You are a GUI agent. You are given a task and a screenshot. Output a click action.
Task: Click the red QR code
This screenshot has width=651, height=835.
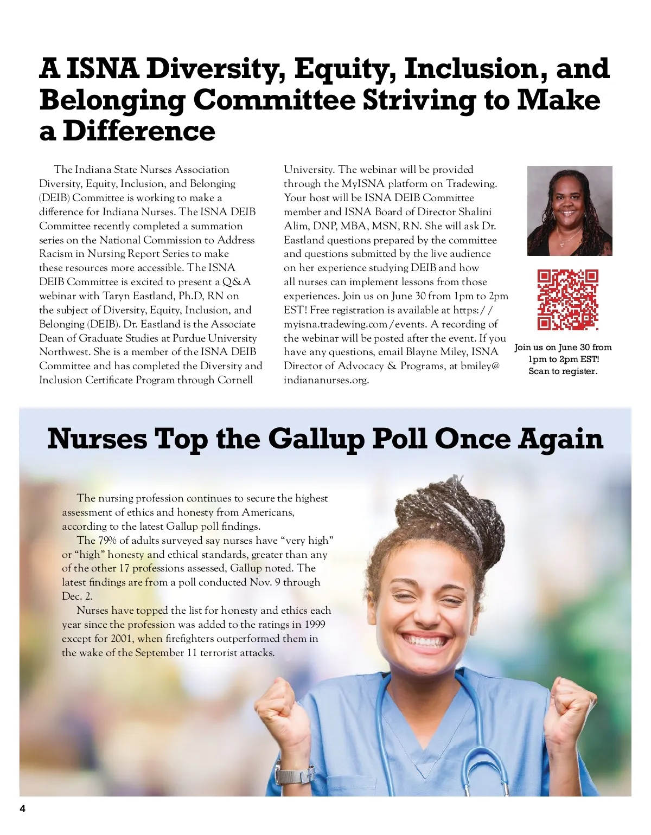tap(567, 300)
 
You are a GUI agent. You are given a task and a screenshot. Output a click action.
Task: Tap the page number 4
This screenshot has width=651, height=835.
tap(22, 810)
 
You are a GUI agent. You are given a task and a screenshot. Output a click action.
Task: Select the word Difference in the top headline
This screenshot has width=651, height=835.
tap(139, 131)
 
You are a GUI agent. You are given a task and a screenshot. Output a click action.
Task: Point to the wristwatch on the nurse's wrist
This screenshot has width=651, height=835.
tap(295, 771)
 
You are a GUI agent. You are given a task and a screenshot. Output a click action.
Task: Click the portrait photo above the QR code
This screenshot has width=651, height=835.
tap(570, 210)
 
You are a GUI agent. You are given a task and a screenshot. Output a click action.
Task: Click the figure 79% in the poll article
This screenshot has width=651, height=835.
tap(107, 541)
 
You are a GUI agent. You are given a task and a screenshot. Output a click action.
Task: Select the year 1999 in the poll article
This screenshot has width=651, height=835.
tap(315, 625)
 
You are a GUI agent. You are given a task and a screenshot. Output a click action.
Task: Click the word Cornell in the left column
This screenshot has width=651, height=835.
tap(235, 380)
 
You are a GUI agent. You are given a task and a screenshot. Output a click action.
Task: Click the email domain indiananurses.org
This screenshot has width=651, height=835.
tap(326, 380)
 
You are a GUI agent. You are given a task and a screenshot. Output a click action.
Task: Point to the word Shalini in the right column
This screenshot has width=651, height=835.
tap(473, 212)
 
